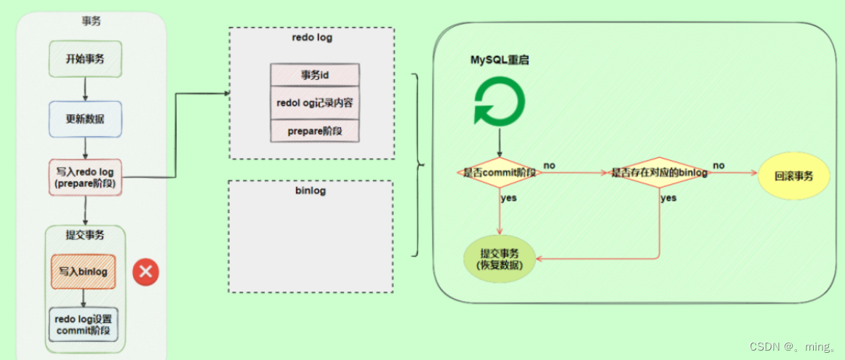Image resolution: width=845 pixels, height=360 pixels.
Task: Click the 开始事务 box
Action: (84, 59)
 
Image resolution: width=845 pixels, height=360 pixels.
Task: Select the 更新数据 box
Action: (84, 119)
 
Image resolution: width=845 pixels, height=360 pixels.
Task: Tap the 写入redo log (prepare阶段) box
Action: (85, 177)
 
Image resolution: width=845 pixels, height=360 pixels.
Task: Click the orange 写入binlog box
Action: (84, 272)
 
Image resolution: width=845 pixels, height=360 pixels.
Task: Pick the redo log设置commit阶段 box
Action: (84, 324)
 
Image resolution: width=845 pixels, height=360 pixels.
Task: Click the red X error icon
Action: (145, 272)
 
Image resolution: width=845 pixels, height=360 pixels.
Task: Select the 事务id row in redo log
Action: (315, 75)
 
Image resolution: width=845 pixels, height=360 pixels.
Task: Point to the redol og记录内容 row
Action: (315, 103)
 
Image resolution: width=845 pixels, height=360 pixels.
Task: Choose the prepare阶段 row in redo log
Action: (315, 130)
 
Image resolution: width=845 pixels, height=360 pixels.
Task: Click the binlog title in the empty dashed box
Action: (311, 191)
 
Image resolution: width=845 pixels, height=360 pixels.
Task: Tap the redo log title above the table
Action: (311, 37)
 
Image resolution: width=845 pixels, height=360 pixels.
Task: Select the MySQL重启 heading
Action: (499, 60)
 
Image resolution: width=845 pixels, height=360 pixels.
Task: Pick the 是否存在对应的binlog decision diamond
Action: (659, 173)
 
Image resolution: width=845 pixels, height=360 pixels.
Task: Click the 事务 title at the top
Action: (91, 21)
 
